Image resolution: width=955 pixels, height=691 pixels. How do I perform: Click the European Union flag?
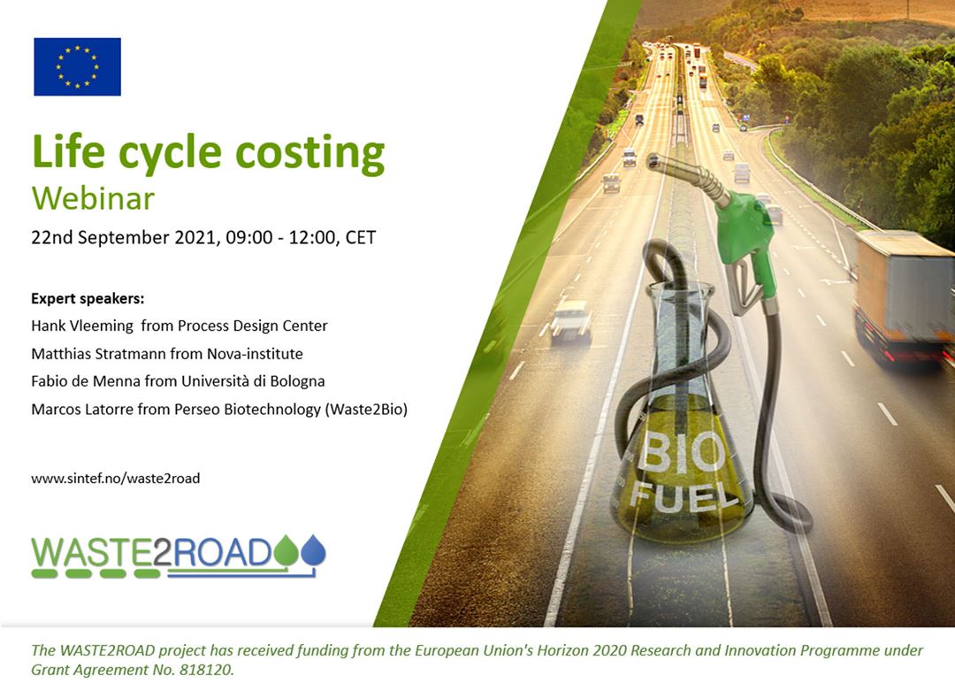click(77, 66)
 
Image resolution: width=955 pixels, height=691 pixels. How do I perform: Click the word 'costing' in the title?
click(310, 153)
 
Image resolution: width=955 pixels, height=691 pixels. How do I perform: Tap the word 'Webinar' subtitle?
click(93, 199)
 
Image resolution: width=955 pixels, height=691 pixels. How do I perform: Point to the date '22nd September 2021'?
click(125, 237)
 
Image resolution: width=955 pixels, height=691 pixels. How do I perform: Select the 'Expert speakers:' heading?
click(88, 298)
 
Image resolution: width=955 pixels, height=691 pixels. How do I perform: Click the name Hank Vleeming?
click(82, 326)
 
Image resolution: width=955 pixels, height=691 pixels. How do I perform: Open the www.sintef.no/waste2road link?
click(116, 479)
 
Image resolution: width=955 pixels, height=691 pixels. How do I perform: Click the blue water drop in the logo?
click(314, 549)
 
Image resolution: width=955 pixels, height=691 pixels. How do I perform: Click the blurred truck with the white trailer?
click(905, 296)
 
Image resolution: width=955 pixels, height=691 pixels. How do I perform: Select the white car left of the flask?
click(570, 320)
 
